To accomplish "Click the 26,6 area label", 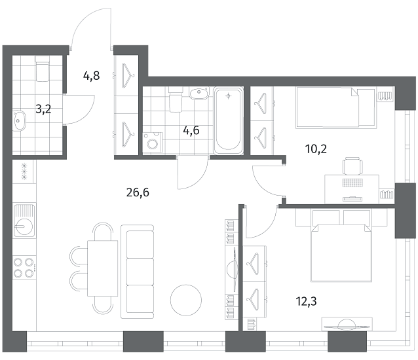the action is click(138, 192).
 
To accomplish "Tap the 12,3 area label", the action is click(306, 302).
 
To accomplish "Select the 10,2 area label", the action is click(316, 149).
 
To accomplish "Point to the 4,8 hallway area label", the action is click(92, 76).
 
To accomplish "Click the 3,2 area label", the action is click(43, 109).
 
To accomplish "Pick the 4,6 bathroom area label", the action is click(191, 130).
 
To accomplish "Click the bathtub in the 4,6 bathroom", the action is click(228, 121).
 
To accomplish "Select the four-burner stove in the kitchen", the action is click(24, 268).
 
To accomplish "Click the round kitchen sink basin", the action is click(24, 226).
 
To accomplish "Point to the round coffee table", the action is click(186, 299).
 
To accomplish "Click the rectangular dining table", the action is click(103, 268).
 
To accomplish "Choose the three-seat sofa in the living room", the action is click(138, 272).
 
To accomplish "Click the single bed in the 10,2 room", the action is click(336, 107).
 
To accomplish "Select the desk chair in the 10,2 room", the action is click(352, 166).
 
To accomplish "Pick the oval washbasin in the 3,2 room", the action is click(19, 120).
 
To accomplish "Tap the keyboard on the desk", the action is click(352, 183).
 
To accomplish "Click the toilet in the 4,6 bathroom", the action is click(176, 99).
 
